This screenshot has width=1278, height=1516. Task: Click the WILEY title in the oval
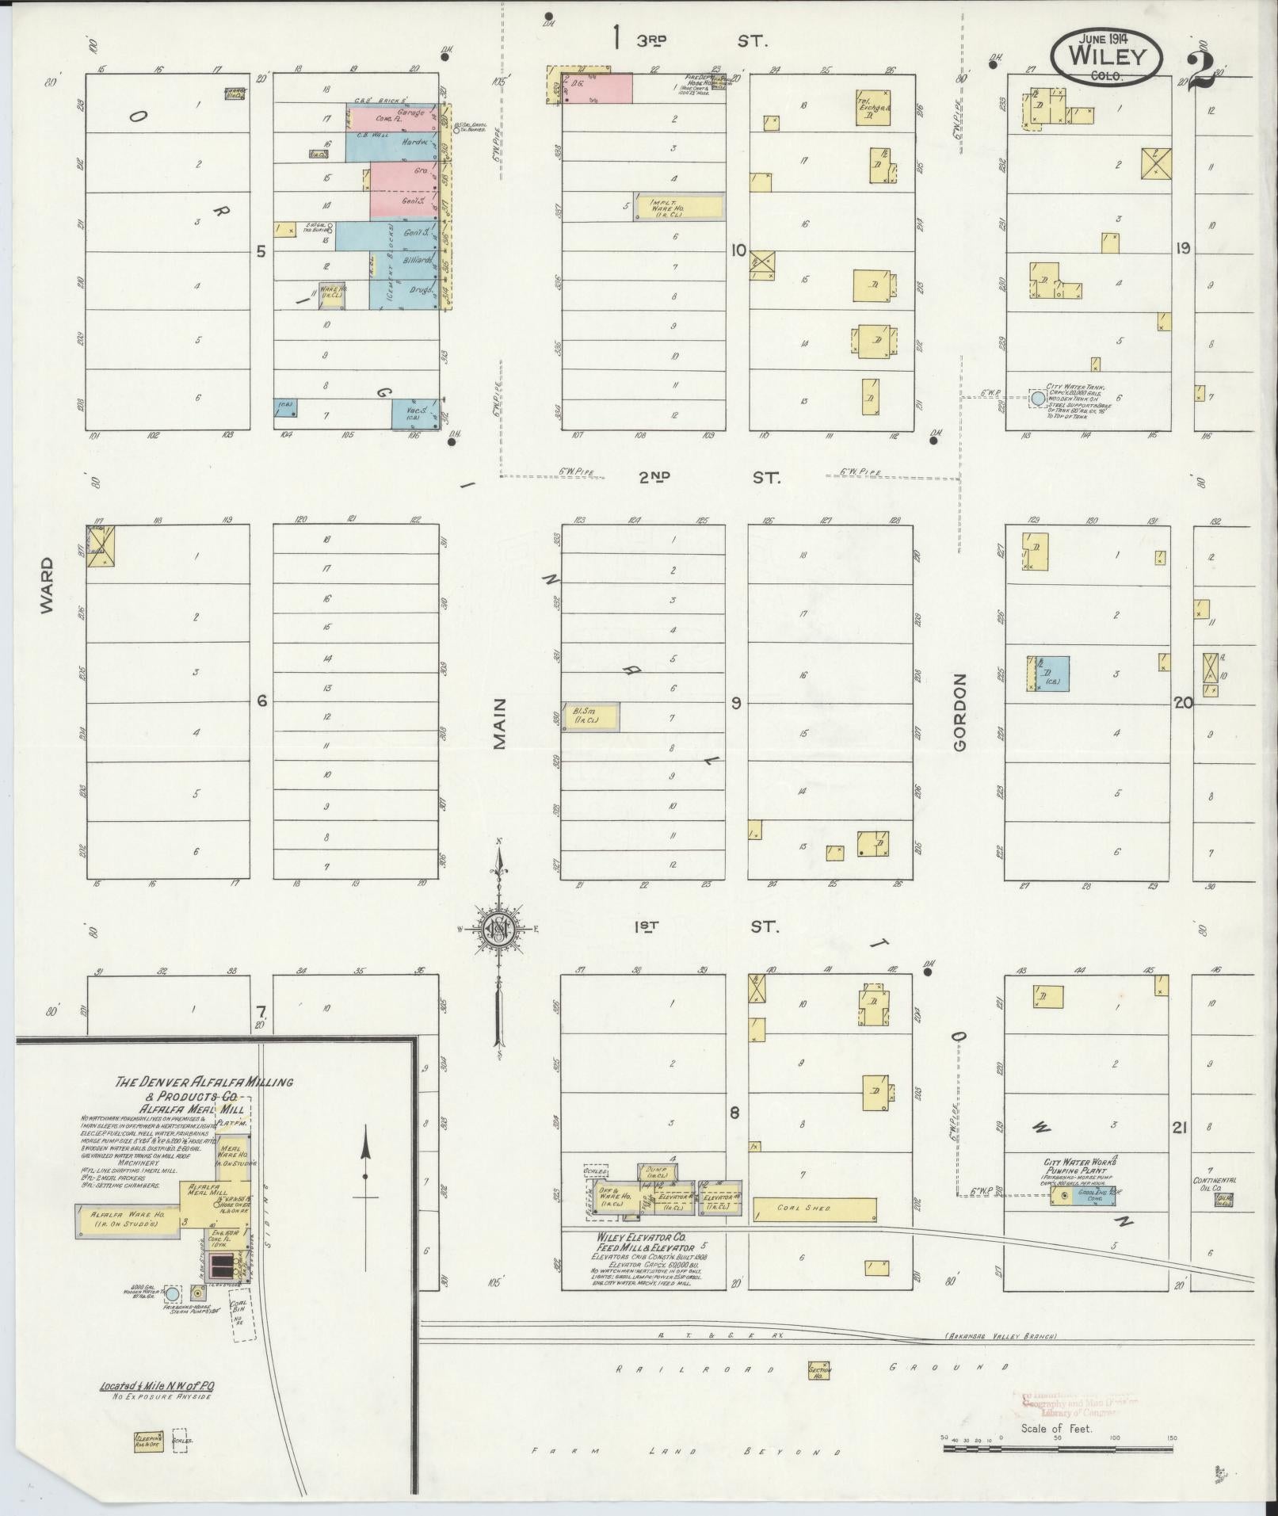pos(1107,56)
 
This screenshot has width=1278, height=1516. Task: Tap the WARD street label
pos(47,584)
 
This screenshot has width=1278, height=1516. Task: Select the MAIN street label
pos(499,723)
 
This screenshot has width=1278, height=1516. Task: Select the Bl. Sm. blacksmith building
pos(590,716)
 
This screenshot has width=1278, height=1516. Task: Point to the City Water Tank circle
pos(1037,398)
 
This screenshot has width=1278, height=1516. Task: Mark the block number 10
pos(738,251)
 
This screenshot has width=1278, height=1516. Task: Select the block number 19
pos(1182,249)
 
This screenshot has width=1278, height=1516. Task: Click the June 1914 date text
pos(1106,38)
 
